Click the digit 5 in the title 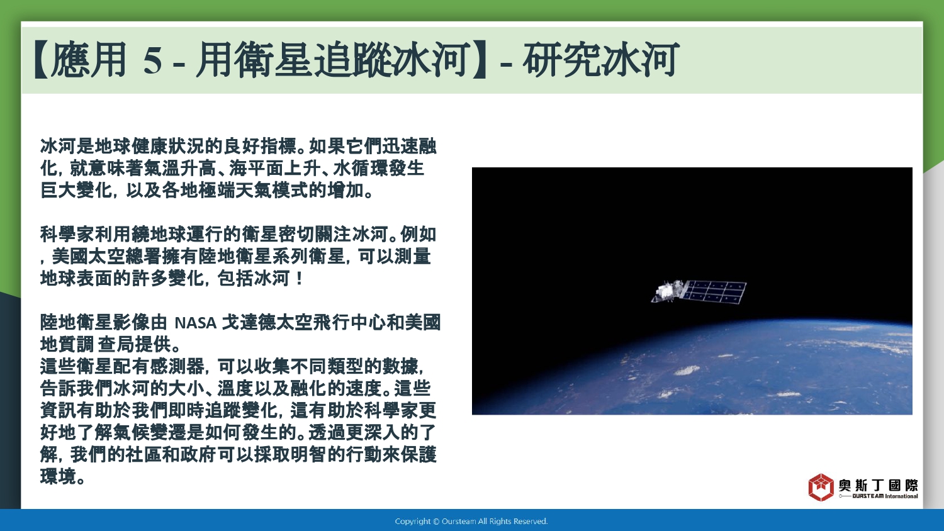click(152, 60)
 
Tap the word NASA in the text click(195, 323)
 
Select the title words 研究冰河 click(600, 60)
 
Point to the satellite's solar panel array click(714, 292)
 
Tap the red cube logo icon click(821, 487)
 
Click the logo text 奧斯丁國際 click(878, 485)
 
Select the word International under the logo click(901, 496)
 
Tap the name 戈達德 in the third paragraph click(249, 323)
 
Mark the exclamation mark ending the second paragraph click(300, 279)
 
